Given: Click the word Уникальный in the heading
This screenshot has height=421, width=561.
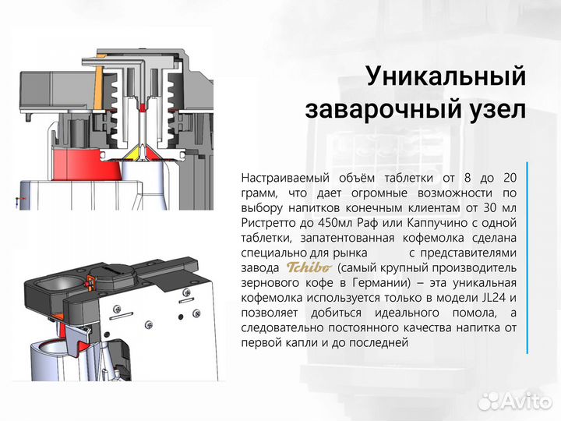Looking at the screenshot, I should (446, 77).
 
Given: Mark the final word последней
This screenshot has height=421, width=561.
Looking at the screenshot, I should (378, 342).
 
